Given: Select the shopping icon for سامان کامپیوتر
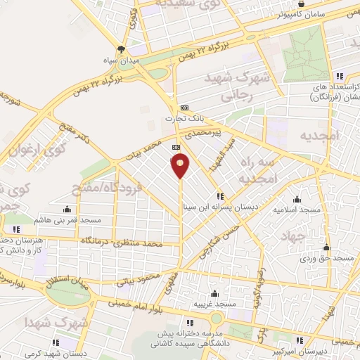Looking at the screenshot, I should (x=301, y=4).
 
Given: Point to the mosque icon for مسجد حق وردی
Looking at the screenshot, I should (x=327, y=247).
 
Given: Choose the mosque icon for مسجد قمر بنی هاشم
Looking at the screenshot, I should (x=67, y=209).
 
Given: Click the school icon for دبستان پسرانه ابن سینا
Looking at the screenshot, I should (x=221, y=196).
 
